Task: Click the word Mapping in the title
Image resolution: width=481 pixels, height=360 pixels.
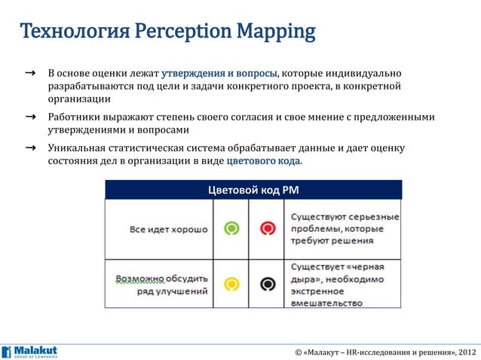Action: click(x=274, y=32)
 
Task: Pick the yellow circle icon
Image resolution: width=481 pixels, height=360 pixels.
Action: click(x=232, y=284)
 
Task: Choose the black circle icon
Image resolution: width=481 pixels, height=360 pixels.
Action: click(x=266, y=284)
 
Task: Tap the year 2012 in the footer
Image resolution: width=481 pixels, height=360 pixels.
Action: click(x=466, y=352)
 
